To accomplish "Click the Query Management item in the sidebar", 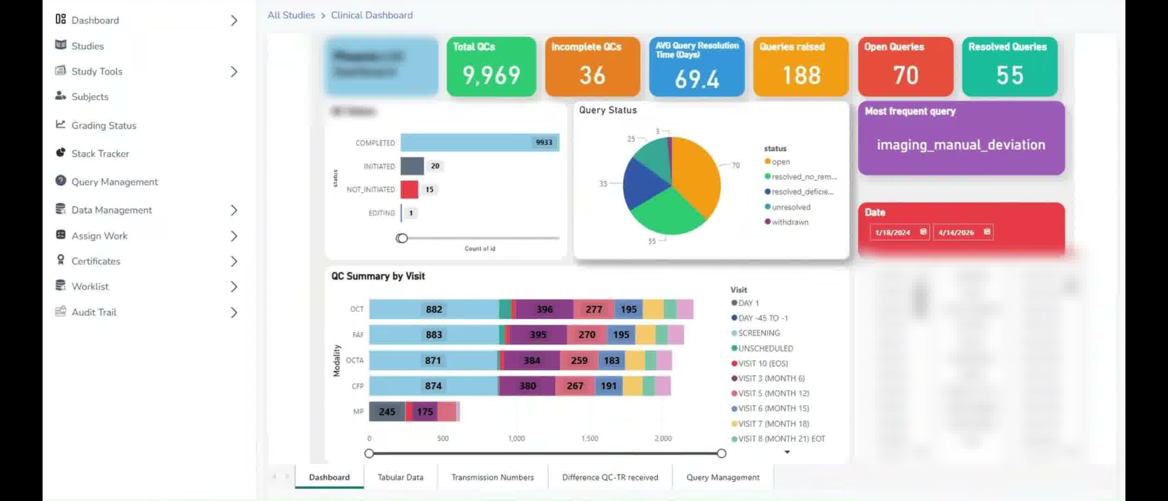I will tap(114, 182).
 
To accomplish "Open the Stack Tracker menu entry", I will tap(100, 154).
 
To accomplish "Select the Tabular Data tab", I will tap(400, 477).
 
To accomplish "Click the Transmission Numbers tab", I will tap(493, 477).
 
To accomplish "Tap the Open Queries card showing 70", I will tap(905, 67).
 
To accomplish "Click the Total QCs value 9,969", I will tap(491, 75).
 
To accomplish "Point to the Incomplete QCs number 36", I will tap(592, 75).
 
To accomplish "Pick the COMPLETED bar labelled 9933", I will tap(480, 142).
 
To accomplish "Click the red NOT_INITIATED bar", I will tap(409, 189).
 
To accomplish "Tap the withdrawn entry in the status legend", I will tap(789, 222).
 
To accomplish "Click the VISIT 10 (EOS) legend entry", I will tap(762, 363).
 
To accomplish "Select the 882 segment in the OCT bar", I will tap(434, 309).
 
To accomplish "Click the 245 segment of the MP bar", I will tap(387, 411).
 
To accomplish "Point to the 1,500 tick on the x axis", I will tap(590, 438).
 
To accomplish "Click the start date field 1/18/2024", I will tap(893, 232).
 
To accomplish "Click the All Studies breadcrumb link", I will tap(291, 15).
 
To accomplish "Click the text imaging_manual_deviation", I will tap(961, 145).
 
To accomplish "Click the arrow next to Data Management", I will tap(234, 211).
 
